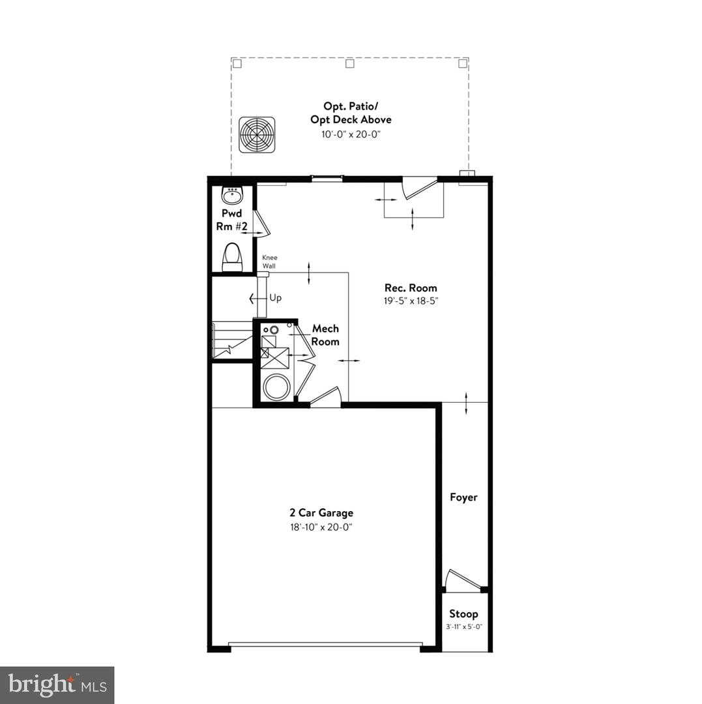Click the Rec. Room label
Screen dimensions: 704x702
click(x=411, y=287)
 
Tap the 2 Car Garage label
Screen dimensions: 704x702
click(x=321, y=513)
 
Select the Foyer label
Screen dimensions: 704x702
click(x=463, y=497)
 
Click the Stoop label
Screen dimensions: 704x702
click(x=463, y=613)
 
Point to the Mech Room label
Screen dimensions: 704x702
click(x=325, y=335)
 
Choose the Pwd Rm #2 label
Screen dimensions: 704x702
click(x=231, y=220)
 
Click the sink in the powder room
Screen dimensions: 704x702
click(x=232, y=194)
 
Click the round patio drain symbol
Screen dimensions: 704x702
click(x=256, y=135)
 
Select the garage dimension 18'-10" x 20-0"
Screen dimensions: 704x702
click(x=321, y=527)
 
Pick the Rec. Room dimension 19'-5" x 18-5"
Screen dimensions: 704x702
click(x=411, y=301)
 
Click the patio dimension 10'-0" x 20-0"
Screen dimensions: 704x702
click(x=351, y=134)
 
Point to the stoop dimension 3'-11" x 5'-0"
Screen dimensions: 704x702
click(x=463, y=627)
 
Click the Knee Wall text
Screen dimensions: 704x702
click(x=270, y=261)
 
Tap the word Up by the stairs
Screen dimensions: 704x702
click(x=276, y=298)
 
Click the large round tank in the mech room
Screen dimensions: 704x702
click(x=277, y=387)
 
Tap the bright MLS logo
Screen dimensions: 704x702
click(x=57, y=684)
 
